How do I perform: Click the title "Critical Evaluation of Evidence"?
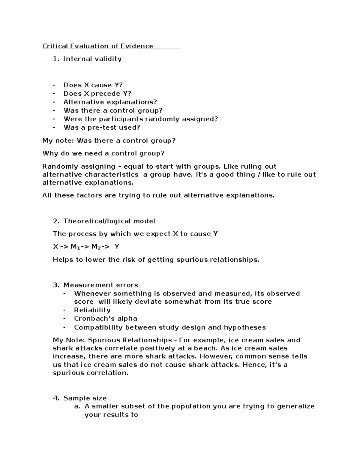point(97,46)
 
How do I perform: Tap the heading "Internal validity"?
point(92,59)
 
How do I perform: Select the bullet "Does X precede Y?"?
point(97,94)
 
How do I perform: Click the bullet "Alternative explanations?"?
point(110,102)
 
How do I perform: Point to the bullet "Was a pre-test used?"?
point(102,127)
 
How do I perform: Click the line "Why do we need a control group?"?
point(103,153)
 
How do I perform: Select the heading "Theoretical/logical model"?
point(109,221)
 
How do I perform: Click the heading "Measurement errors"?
point(100,285)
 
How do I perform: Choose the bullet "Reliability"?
point(92,310)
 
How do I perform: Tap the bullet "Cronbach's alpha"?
point(106,318)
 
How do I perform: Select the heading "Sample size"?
point(85,398)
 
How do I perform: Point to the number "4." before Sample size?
point(56,398)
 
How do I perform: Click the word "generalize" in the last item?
point(295,406)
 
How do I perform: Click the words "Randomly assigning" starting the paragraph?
point(79,167)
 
